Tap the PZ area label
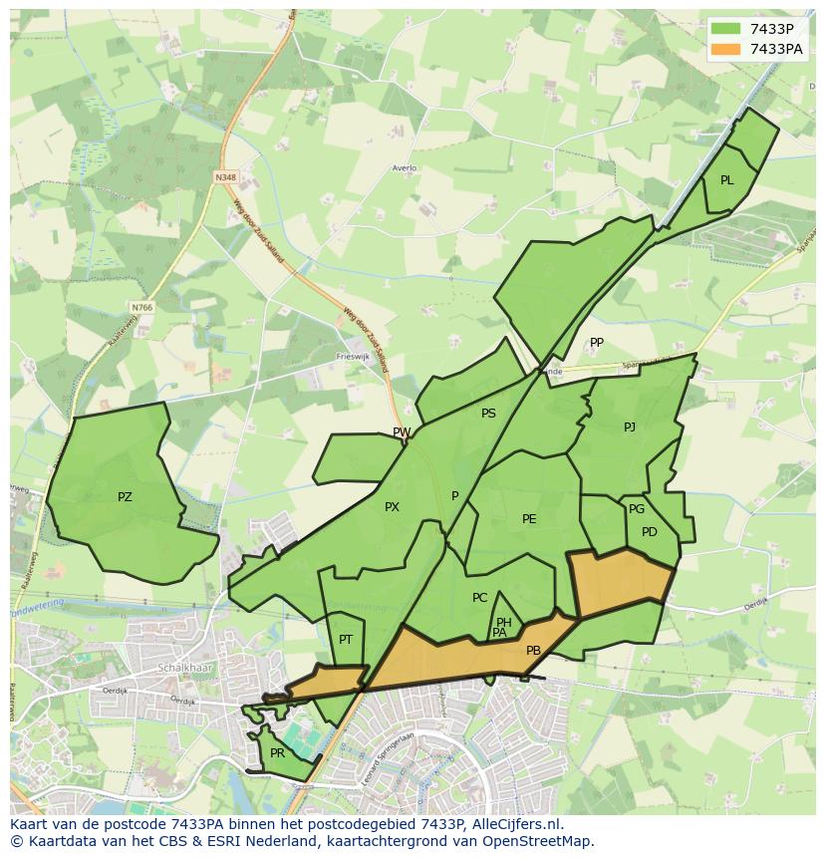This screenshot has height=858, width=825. (x=125, y=496)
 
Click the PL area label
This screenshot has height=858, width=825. (x=726, y=180)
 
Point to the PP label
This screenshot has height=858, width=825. (x=596, y=343)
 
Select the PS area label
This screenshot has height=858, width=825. (x=488, y=414)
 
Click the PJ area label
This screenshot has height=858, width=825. (x=629, y=428)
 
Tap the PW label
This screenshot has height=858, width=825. (x=402, y=432)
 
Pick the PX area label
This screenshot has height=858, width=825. (x=392, y=507)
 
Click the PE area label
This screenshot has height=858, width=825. (x=529, y=519)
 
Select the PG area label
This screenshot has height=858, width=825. (x=637, y=509)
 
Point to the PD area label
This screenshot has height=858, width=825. (x=649, y=532)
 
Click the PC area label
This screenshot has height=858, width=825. (x=479, y=598)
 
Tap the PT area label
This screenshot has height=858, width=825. (x=346, y=640)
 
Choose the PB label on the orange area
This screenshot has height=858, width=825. (x=533, y=651)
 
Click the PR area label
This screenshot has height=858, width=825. (x=277, y=753)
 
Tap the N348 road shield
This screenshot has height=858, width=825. (x=225, y=177)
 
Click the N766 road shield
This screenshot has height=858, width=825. (x=141, y=308)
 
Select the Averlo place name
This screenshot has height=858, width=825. (x=404, y=168)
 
